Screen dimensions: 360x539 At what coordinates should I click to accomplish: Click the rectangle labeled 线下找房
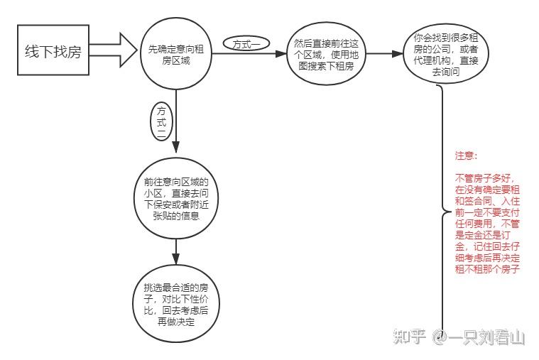coord(53,50)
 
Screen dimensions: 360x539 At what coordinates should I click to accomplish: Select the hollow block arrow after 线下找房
coord(114,51)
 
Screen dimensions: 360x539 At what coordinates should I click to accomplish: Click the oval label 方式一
coord(245,44)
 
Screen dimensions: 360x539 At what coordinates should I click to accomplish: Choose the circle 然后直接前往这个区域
coord(325,55)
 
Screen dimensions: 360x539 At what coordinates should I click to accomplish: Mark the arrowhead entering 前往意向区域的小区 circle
coord(175,154)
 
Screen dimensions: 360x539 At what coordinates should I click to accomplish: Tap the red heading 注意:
coord(467,155)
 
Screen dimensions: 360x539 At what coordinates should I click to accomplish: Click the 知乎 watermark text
coord(409,336)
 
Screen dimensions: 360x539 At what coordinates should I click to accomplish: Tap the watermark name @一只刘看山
coord(480,336)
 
